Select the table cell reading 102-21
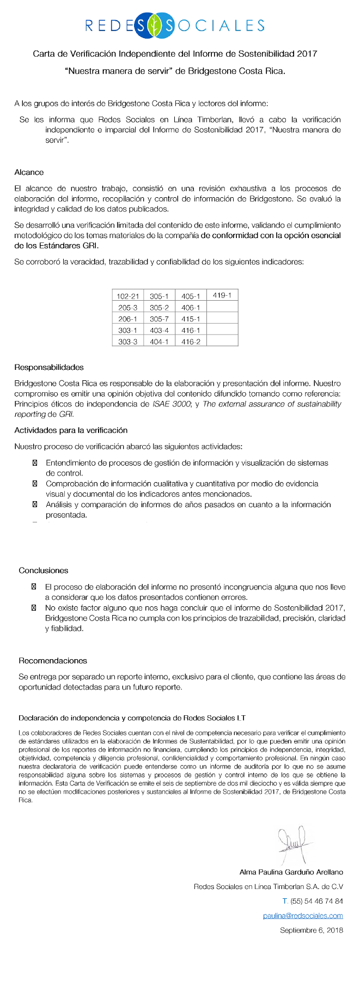click(x=128, y=296)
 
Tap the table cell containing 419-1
click(x=222, y=295)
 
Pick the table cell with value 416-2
click(x=191, y=342)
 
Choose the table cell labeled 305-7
click(x=159, y=319)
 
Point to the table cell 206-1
click(x=128, y=319)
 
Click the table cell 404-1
click(x=159, y=342)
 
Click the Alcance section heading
click(x=29, y=172)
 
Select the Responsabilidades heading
click(x=49, y=367)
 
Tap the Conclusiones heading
click(x=44, y=570)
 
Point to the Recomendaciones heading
click(x=53, y=660)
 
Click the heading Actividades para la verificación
click(x=71, y=430)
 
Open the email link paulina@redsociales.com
click(x=303, y=916)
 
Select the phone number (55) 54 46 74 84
click(x=316, y=901)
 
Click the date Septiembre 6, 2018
click(x=312, y=930)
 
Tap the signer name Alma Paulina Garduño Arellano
click(x=291, y=872)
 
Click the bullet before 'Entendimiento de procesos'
click(x=35, y=463)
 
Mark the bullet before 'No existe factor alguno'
click(x=34, y=607)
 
